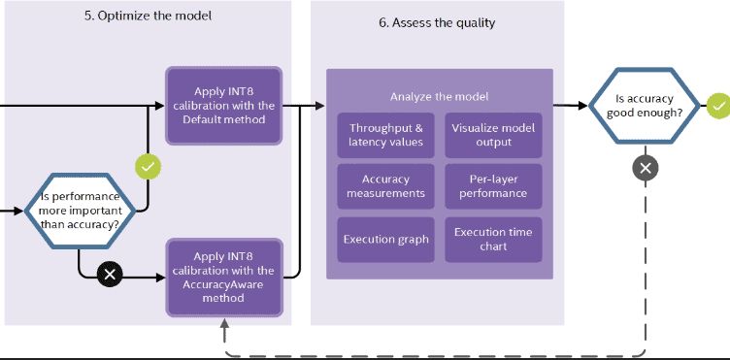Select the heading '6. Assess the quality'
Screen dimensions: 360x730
[437, 23]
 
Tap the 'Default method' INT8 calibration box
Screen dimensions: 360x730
[223, 106]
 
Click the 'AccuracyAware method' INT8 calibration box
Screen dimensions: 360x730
[223, 277]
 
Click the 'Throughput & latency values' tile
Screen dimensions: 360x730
[385, 136]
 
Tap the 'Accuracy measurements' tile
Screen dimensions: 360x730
[385, 186]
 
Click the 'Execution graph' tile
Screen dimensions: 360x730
[385, 239]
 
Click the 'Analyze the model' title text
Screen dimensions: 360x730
[439, 96]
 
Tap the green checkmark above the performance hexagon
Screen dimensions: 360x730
[148, 167]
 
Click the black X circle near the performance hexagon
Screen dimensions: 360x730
[111, 275]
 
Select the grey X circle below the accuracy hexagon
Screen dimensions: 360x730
[646, 167]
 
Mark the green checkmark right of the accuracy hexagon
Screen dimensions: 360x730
[717, 105]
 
